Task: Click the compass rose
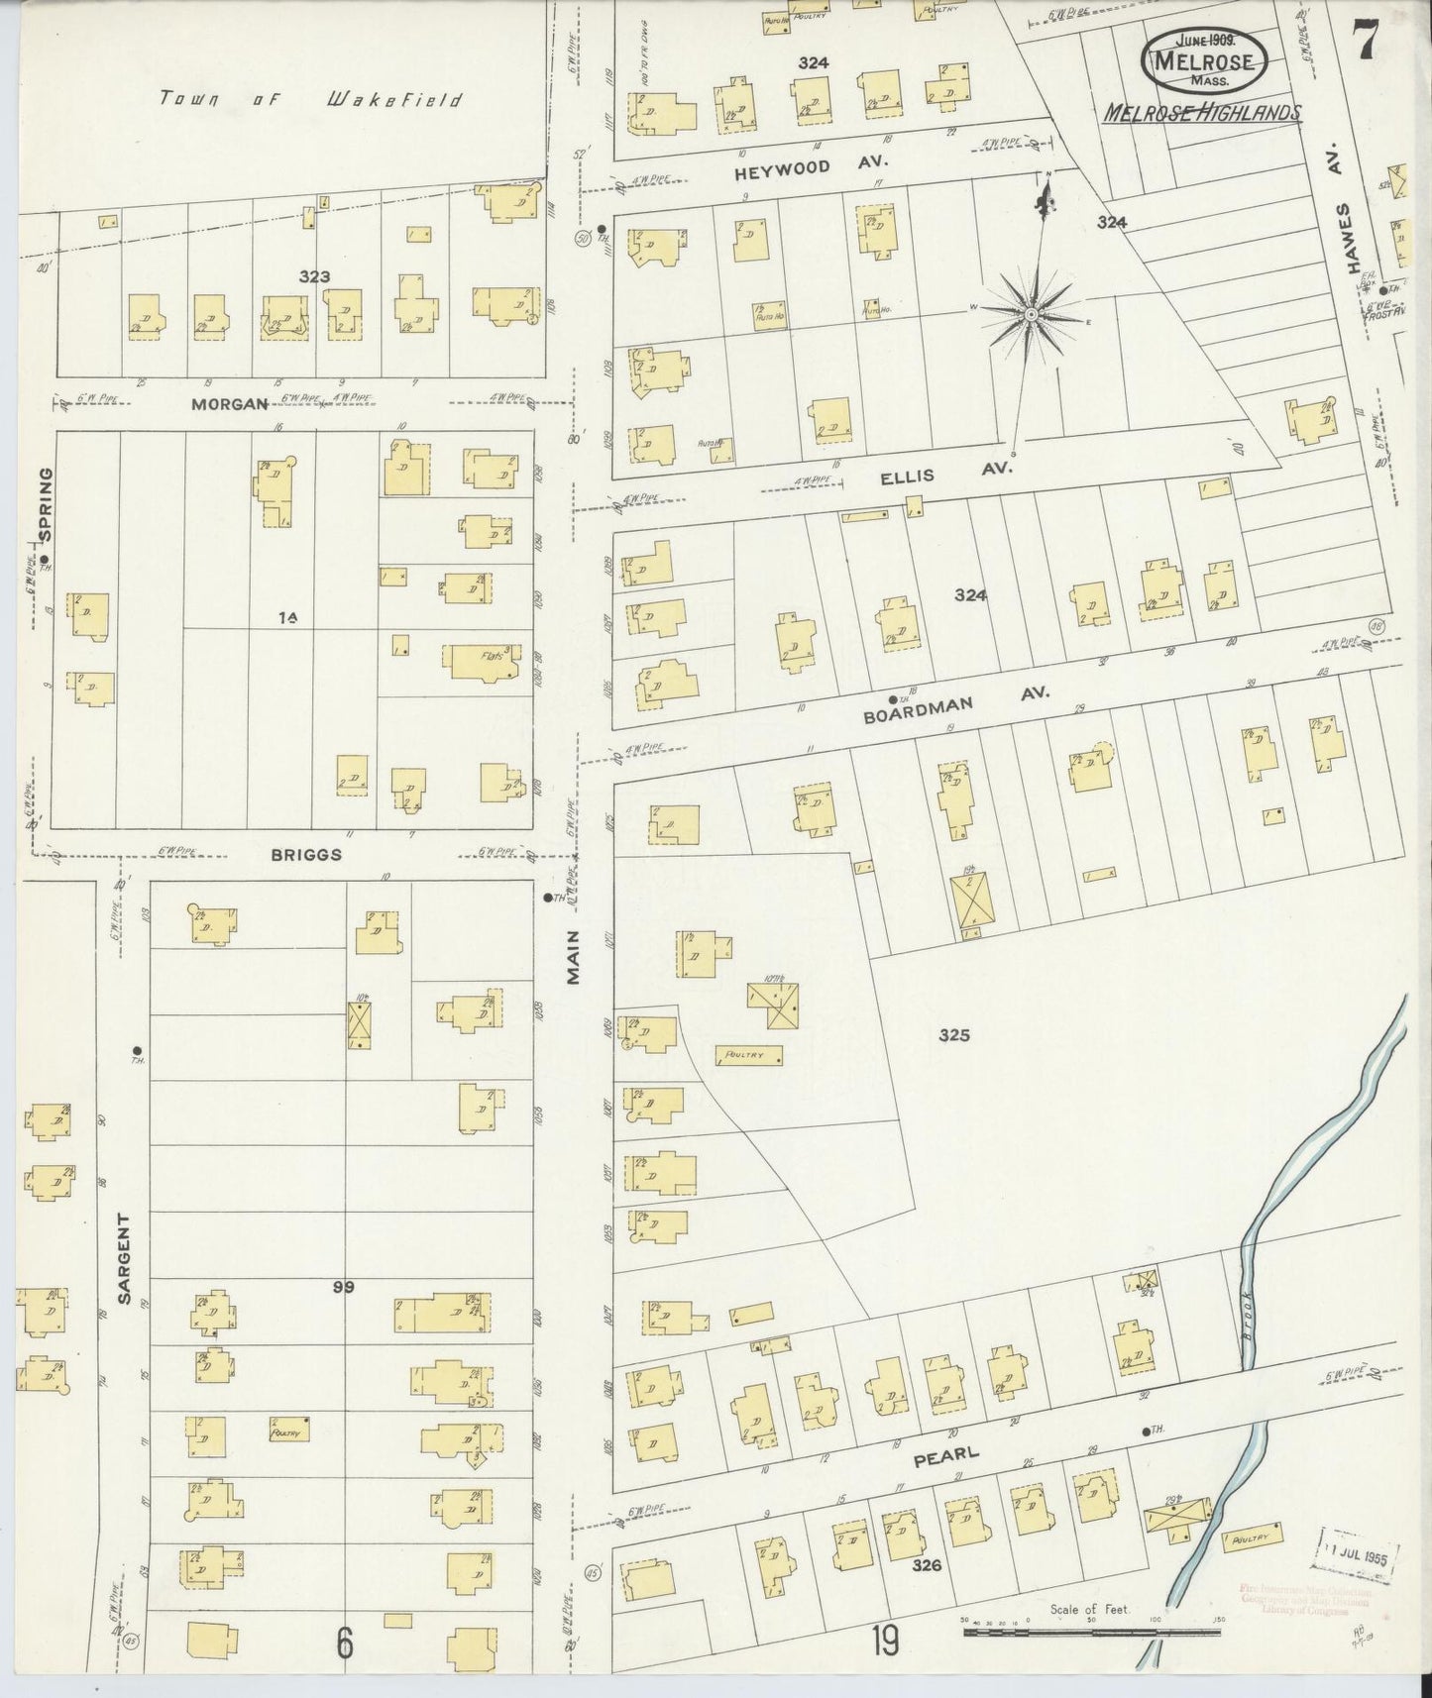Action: pos(1032,314)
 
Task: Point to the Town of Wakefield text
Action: pos(310,99)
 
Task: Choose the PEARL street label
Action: pos(945,1455)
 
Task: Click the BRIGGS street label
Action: pos(308,854)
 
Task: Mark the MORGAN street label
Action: pos(230,403)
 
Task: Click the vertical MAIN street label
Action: pos(573,961)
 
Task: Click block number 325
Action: pos(953,1035)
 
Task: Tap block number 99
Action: pos(344,1287)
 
